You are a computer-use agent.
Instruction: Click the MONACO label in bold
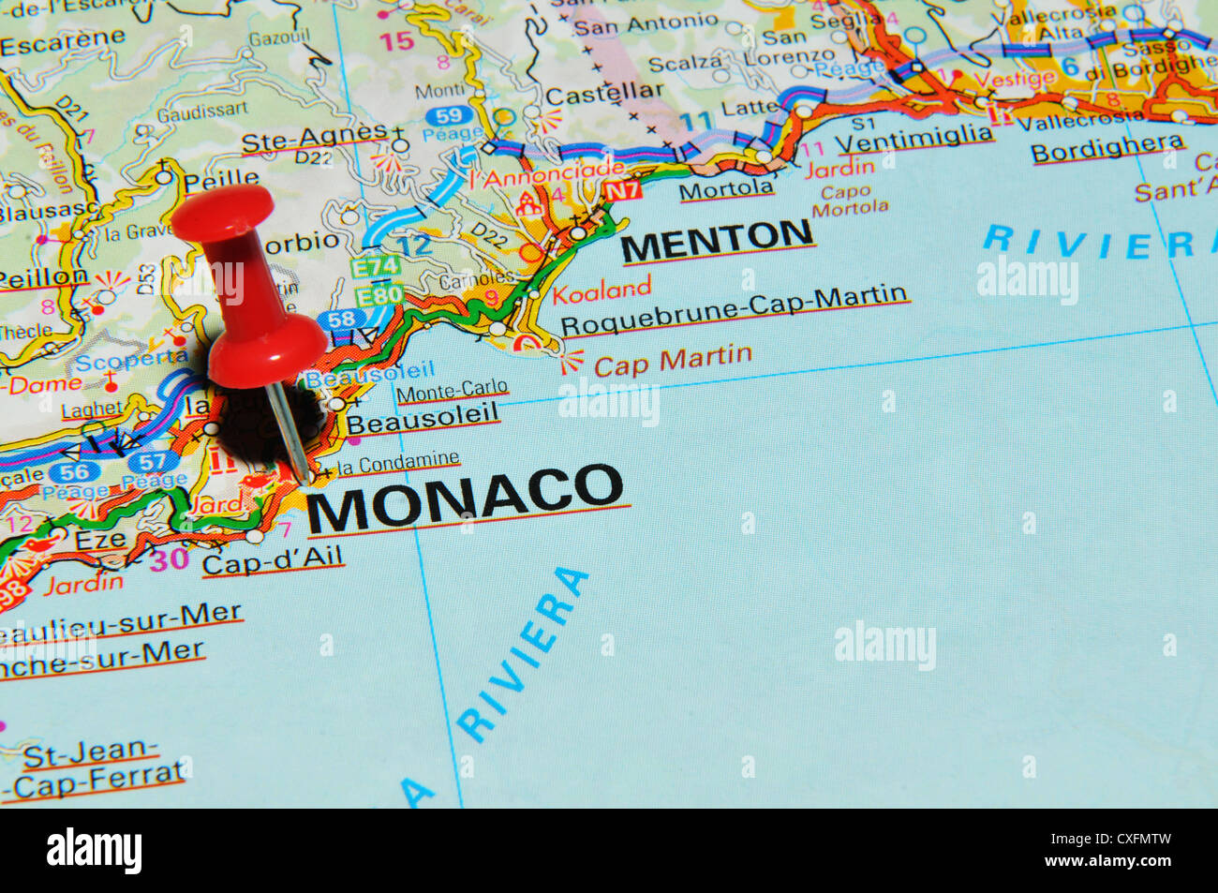point(464,497)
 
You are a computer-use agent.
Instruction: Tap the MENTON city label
point(717,242)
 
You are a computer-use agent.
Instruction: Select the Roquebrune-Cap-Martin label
point(734,311)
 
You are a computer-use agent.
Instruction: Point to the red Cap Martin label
point(672,361)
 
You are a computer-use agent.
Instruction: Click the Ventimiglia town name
point(913,139)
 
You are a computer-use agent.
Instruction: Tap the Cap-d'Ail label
point(273,561)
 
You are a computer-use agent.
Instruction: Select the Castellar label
point(603,94)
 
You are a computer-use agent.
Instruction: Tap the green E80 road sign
point(379,296)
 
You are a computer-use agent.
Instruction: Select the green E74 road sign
point(376,268)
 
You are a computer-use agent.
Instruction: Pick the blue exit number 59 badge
point(449,116)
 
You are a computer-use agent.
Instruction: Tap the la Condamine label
point(398,463)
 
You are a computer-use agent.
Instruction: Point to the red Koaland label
point(601,290)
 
